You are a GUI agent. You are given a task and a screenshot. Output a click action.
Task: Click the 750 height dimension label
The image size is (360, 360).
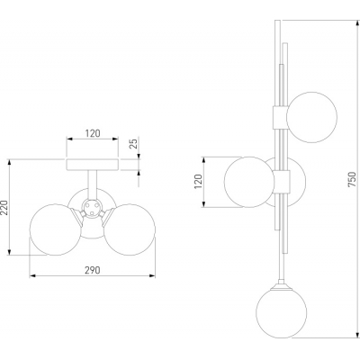352,179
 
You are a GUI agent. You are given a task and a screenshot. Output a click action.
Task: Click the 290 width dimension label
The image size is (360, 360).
92,270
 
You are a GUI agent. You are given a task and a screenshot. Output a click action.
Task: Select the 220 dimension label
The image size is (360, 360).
4,207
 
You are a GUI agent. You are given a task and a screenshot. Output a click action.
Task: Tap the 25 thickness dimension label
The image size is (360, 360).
135,143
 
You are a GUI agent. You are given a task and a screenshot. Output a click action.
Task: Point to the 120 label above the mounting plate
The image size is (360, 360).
93,133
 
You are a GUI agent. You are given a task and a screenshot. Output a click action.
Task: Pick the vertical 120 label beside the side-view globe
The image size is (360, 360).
199,182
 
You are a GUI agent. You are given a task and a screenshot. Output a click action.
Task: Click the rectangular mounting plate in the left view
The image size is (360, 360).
93,165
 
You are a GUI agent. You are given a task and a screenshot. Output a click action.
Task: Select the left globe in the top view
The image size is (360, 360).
56,229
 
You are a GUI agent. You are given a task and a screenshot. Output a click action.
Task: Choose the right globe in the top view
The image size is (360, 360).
130,229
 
